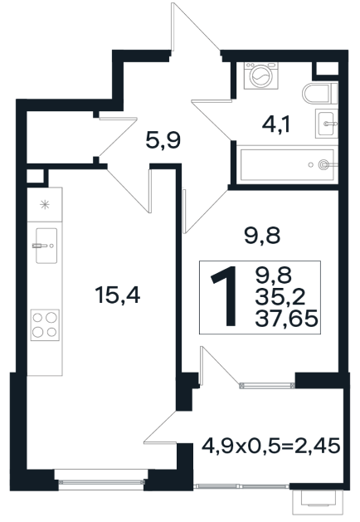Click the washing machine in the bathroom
(x=260, y=76)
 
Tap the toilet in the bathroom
(x=319, y=93)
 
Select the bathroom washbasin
(x=326, y=123)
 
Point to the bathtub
(x=287, y=164)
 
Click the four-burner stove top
(x=45, y=324)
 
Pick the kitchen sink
(x=46, y=246)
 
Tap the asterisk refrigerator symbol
(x=44, y=204)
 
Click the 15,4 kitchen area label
(x=118, y=295)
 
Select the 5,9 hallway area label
(x=163, y=140)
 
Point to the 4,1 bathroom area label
(x=276, y=124)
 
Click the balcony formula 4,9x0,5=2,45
(x=271, y=445)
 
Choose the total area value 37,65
(x=286, y=320)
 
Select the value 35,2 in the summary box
(x=280, y=297)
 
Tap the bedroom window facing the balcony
(x=267, y=386)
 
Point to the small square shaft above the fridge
(x=35, y=177)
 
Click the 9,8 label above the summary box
(x=262, y=236)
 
